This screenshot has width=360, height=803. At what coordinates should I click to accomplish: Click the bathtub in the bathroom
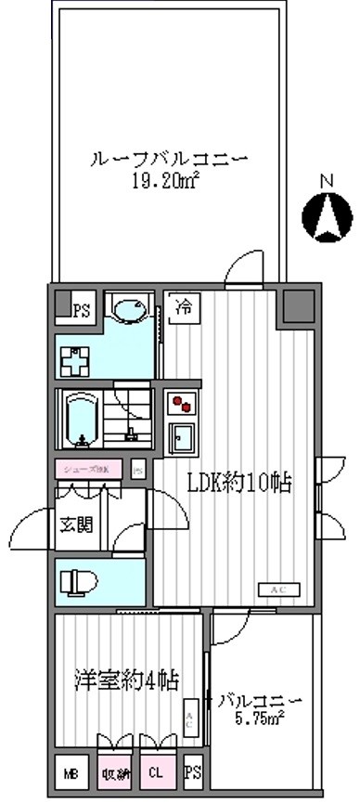point(83,417)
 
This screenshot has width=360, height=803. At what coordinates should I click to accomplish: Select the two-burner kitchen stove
point(180,405)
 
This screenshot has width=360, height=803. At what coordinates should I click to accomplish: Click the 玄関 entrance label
point(77,525)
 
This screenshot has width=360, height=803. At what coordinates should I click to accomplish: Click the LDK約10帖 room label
point(240,484)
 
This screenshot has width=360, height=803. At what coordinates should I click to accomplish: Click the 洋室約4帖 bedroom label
point(126,679)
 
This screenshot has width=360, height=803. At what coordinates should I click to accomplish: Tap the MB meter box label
point(71,772)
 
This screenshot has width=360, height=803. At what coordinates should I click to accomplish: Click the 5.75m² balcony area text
point(259,716)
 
